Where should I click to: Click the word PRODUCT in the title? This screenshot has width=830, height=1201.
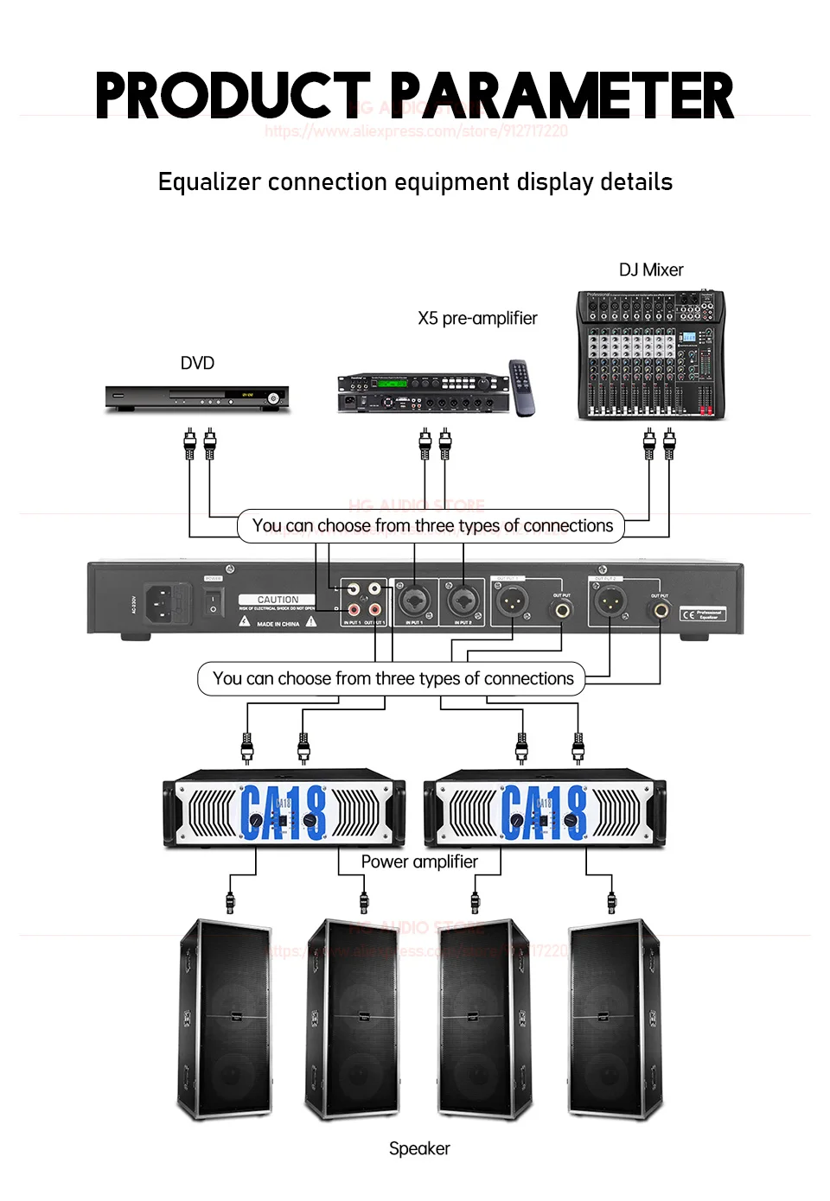232,96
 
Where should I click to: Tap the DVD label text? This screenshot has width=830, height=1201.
197,364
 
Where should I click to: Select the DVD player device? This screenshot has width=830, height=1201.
197,397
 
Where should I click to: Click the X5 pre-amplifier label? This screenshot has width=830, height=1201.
477,319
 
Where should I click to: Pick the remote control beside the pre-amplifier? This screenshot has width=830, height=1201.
521,387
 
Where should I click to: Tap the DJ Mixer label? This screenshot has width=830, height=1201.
651,270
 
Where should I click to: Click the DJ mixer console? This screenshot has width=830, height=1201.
651,355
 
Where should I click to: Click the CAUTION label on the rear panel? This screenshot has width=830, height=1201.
278,599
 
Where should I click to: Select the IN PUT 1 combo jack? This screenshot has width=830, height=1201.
413,598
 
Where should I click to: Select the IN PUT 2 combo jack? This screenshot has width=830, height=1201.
463,598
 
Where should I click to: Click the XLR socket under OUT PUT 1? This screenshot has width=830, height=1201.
513,599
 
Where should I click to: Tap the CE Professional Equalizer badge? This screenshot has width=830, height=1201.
702,614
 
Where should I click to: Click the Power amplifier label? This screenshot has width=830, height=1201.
419,862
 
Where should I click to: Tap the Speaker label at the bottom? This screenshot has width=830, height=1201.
419,1149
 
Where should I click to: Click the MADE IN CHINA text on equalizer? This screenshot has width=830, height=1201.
278,624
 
